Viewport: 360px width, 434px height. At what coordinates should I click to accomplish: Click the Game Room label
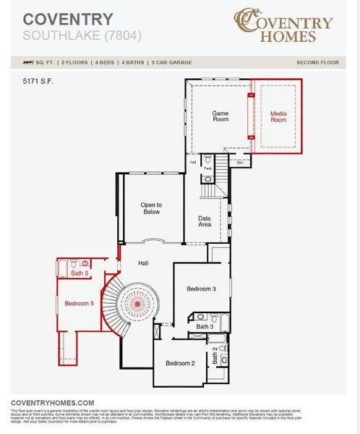(x=220, y=115)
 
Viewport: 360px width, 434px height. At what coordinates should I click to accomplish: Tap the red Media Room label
(x=278, y=116)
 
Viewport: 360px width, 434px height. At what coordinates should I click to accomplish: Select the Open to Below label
(x=151, y=208)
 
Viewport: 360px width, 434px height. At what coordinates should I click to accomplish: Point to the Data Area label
(x=205, y=221)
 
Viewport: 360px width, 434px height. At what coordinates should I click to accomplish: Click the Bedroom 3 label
(x=201, y=289)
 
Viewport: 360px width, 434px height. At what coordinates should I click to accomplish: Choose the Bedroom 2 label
(x=180, y=363)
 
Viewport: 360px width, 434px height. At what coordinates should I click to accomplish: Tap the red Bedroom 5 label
(x=79, y=303)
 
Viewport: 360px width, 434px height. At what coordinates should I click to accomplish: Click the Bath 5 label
(x=80, y=273)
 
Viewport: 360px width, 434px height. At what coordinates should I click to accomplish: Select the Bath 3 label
(x=205, y=327)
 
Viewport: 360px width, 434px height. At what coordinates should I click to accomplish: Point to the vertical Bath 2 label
(x=215, y=355)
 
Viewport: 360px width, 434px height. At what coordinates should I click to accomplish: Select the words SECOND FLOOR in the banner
(x=317, y=63)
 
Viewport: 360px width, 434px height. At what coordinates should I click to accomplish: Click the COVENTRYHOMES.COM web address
(x=52, y=402)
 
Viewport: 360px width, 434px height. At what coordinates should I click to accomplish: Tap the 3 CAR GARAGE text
(x=171, y=63)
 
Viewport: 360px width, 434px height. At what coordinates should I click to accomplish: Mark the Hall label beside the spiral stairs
(x=143, y=263)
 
